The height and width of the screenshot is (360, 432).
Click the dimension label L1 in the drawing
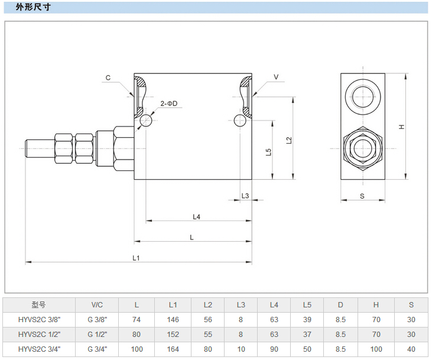pos(136,258)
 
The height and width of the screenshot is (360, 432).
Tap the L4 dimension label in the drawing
pos(197,216)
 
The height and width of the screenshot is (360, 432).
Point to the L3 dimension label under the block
pos(245,196)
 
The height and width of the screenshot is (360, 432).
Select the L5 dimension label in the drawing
pos(268,151)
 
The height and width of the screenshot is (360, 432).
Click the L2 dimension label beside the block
pos(288,140)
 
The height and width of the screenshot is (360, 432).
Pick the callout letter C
pos(108,78)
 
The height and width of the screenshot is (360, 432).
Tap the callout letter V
pos(275,77)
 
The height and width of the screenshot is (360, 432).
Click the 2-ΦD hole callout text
pos(168,104)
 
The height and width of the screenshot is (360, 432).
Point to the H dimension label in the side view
pos(401,127)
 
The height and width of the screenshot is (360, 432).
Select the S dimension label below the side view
pos(362,196)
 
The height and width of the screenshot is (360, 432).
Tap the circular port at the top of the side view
pos(362,94)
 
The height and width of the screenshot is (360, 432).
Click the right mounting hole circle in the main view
pos(240,121)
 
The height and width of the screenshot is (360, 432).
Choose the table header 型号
pos(38,305)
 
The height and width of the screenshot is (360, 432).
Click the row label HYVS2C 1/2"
pos(38,334)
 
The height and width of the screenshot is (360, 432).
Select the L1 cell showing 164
pos(173,349)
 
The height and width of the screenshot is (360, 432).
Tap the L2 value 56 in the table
pos(208,319)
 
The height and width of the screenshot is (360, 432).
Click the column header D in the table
pos(340,305)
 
